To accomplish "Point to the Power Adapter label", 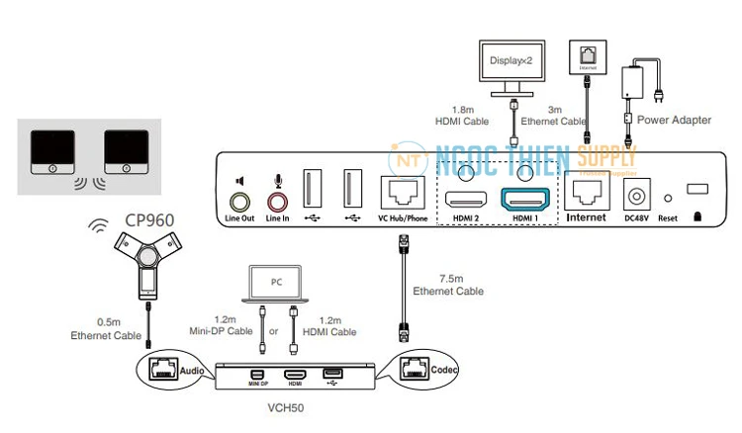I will [674, 120].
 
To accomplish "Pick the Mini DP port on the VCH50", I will [257, 375].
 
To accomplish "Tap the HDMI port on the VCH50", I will [295, 375].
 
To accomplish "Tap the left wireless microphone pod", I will [50, 148].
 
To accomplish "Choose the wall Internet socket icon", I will [586, 59].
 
